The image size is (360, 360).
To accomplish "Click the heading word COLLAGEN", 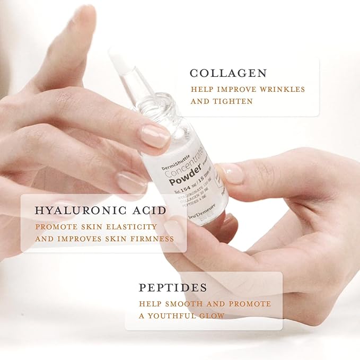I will pyautogui.click(x=229, y=73).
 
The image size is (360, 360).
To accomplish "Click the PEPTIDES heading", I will pyautogui.click(x=173, y=288).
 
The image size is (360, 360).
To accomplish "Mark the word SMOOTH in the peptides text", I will pyautogui.click(x=179, y=304).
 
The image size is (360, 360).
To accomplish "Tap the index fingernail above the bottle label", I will pyautogui.click(x=155, y=136).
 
